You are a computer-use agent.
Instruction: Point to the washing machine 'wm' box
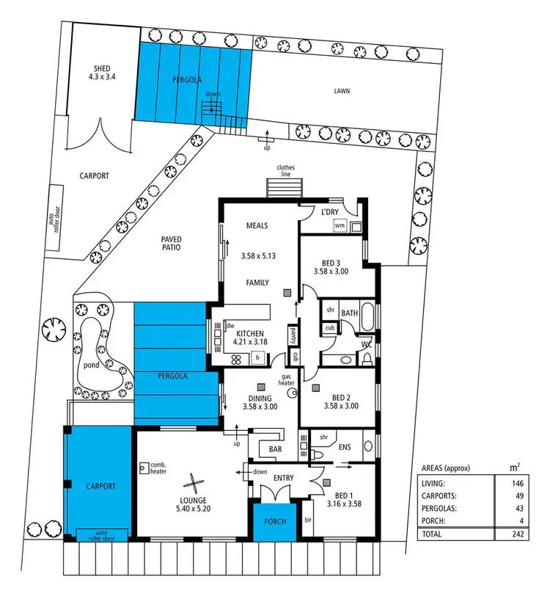(339, 226)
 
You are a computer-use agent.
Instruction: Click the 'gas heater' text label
(285, 378)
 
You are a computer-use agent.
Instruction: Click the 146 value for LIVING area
(504, 484)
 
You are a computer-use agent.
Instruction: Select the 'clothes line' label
(286, 171)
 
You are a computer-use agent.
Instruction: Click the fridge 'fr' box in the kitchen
(258, 358)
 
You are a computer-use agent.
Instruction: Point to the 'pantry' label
(292, 335)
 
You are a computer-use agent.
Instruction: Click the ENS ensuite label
(345, 446)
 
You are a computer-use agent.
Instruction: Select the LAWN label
(340, 92)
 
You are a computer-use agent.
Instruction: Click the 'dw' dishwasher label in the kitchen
(230, 325)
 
